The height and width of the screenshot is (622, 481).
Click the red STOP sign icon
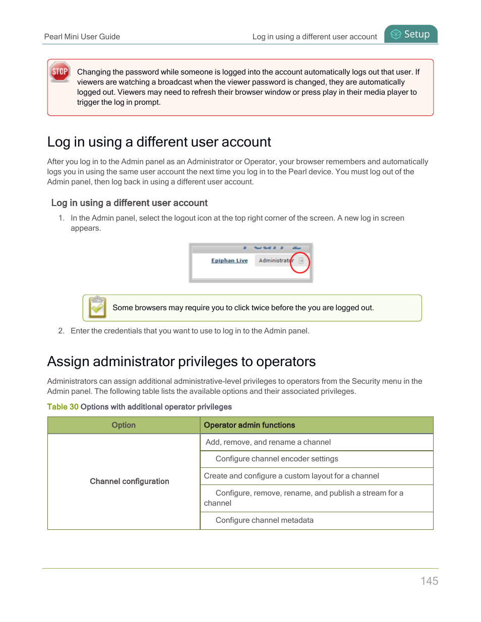coord(60,72)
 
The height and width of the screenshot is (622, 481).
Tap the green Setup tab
coord(411,34)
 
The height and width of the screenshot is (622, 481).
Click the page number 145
coord(429,581)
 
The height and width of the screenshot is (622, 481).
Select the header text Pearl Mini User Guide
coord(82,37)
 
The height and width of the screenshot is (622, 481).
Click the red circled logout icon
coord(300,261)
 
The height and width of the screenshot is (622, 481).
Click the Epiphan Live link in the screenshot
coord(229,260)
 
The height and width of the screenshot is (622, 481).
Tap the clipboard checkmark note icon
coord(97,307)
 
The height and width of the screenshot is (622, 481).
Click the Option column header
coord(124,425)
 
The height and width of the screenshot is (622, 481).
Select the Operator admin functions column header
coord(249,425)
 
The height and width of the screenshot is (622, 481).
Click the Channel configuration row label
coord(129,481)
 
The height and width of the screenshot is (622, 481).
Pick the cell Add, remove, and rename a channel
coord(268,442)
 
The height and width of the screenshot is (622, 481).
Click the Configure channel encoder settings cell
coord(277,459)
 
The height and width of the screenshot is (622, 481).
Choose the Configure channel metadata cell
coord(264,520)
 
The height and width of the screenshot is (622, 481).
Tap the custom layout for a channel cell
coord(291,476)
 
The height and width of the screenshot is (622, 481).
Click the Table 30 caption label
coord(63,407)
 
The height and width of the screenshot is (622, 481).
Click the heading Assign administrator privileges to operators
coord(181,362)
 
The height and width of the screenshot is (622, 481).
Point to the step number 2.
coord(61,331)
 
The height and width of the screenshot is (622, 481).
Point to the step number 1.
coord(61,218)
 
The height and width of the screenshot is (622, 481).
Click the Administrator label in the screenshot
coord(275,260)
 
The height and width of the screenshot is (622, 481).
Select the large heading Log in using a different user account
coord(159,142)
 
